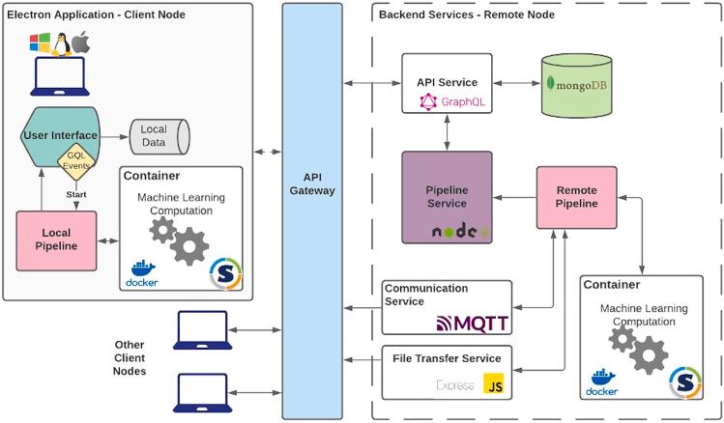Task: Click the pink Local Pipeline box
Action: point(56,240)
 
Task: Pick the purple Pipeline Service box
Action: point(446,196)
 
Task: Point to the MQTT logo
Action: point(473,323)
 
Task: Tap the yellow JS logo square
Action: point(496,383)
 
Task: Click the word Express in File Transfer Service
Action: point(454,385)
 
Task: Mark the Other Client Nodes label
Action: point(130,357)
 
